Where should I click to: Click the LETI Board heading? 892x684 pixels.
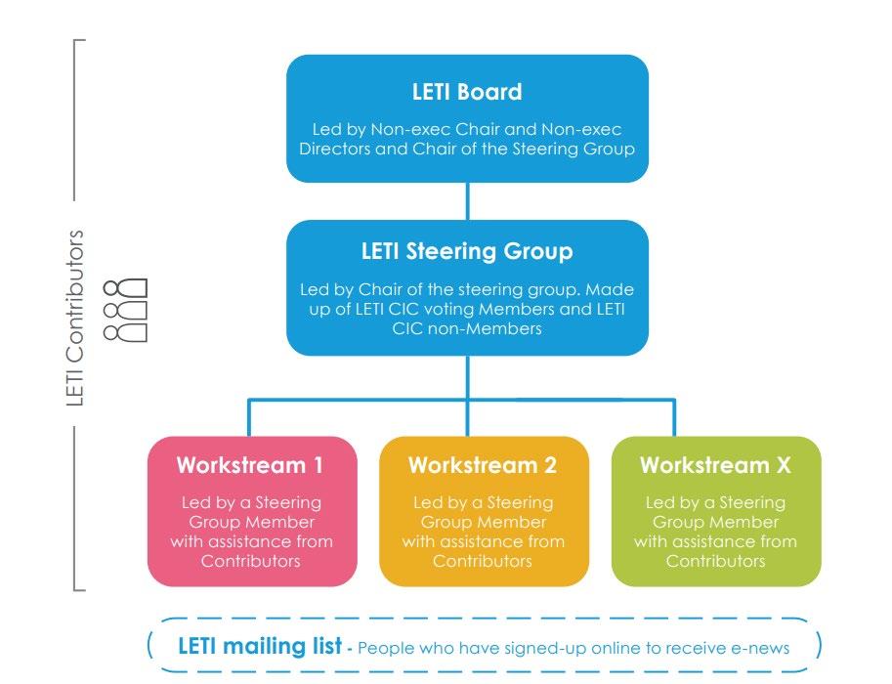point(467,92)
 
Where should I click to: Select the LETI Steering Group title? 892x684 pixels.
point(467,251)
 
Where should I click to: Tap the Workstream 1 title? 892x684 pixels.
point(250,465)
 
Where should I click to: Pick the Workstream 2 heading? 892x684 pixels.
point(483,465)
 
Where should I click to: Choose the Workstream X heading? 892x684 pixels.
point(715,465)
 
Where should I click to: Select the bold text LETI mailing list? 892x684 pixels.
point(260,646)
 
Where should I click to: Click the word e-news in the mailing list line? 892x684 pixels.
point(764,647)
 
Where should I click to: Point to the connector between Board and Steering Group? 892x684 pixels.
point(467,201)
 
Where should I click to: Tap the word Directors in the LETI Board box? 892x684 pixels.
point(340,150)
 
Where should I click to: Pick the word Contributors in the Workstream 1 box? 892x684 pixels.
point(251,561)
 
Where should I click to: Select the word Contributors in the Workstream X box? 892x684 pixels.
point(715,561)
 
